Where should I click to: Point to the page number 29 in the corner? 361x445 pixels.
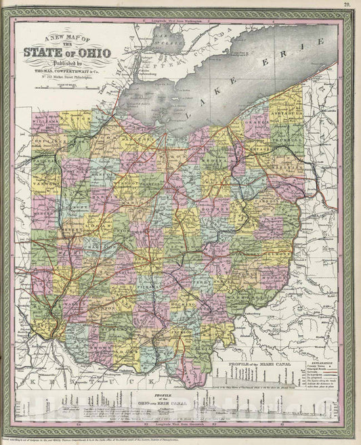click(345, 5)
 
